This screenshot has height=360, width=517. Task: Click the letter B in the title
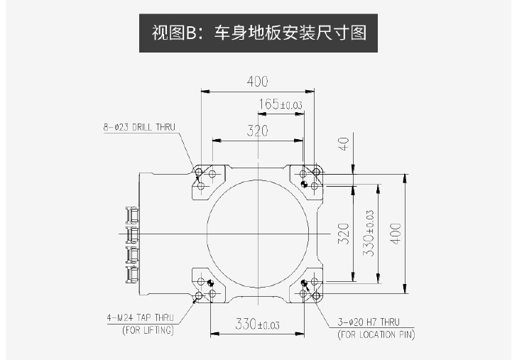point(191,33)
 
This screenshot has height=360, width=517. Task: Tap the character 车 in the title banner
point(222,33)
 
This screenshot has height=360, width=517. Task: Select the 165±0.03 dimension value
point(281,104)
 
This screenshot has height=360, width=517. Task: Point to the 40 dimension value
point(344,143)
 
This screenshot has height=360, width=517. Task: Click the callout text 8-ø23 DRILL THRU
point(139,127)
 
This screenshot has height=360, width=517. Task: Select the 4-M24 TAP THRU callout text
point(140,318)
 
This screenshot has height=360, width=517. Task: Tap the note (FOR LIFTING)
point(148,330)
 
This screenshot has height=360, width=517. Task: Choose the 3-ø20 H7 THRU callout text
point(369,322)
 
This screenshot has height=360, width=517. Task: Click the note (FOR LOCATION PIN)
point(376,334)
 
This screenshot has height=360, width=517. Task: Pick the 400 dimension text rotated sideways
point(396,234)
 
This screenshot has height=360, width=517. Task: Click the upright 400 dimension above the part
point(258,82)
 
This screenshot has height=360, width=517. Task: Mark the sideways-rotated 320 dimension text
point(343,234)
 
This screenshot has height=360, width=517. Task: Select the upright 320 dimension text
point(258,131)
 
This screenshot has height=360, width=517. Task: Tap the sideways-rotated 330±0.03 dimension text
point(369,234)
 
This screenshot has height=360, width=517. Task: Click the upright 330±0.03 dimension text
point(258,324)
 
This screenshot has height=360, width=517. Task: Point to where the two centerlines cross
point(258,234)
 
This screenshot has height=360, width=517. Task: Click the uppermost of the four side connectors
point(132,215)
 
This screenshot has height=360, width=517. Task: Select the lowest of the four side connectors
point(132,275)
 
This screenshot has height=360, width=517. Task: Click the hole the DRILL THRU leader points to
point(199,172)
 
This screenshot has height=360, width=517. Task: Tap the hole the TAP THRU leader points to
point(199,295)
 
